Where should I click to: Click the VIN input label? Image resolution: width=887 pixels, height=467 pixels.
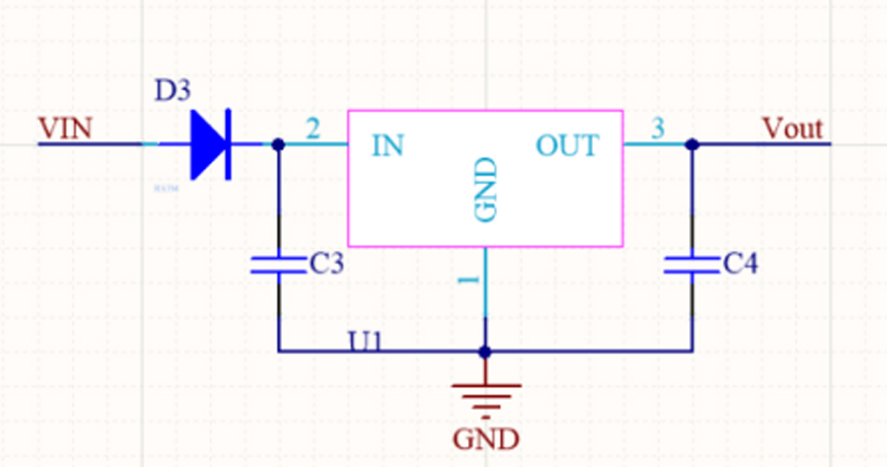pos(65,128)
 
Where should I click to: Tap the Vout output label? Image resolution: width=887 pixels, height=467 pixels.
pos(793,128)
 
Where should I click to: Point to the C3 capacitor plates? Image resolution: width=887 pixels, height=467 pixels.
pos(278,265)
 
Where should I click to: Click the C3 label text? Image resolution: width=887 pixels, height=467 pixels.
pos(326,265)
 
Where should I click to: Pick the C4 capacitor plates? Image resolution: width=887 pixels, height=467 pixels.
pos(692,265)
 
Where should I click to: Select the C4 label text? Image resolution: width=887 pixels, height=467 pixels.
pos(741,265)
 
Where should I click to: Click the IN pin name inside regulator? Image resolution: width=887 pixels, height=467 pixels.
pos(387,146)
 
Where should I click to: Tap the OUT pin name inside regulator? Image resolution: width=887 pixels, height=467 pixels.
pos(567,146)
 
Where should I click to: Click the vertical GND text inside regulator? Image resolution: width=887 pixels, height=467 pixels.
pos(486,191)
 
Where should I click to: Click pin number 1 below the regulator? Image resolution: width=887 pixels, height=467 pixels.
pos(471,279)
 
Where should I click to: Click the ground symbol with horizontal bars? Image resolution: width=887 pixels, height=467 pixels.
pos(486,394)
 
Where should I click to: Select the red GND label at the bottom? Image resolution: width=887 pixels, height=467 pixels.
pos(486,438)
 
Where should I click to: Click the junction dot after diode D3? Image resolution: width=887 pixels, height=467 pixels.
pos(278,145)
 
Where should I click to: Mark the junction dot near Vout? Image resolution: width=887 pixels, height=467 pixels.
pos(692,145)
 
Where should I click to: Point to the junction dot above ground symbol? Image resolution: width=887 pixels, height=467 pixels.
pos(486,352)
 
